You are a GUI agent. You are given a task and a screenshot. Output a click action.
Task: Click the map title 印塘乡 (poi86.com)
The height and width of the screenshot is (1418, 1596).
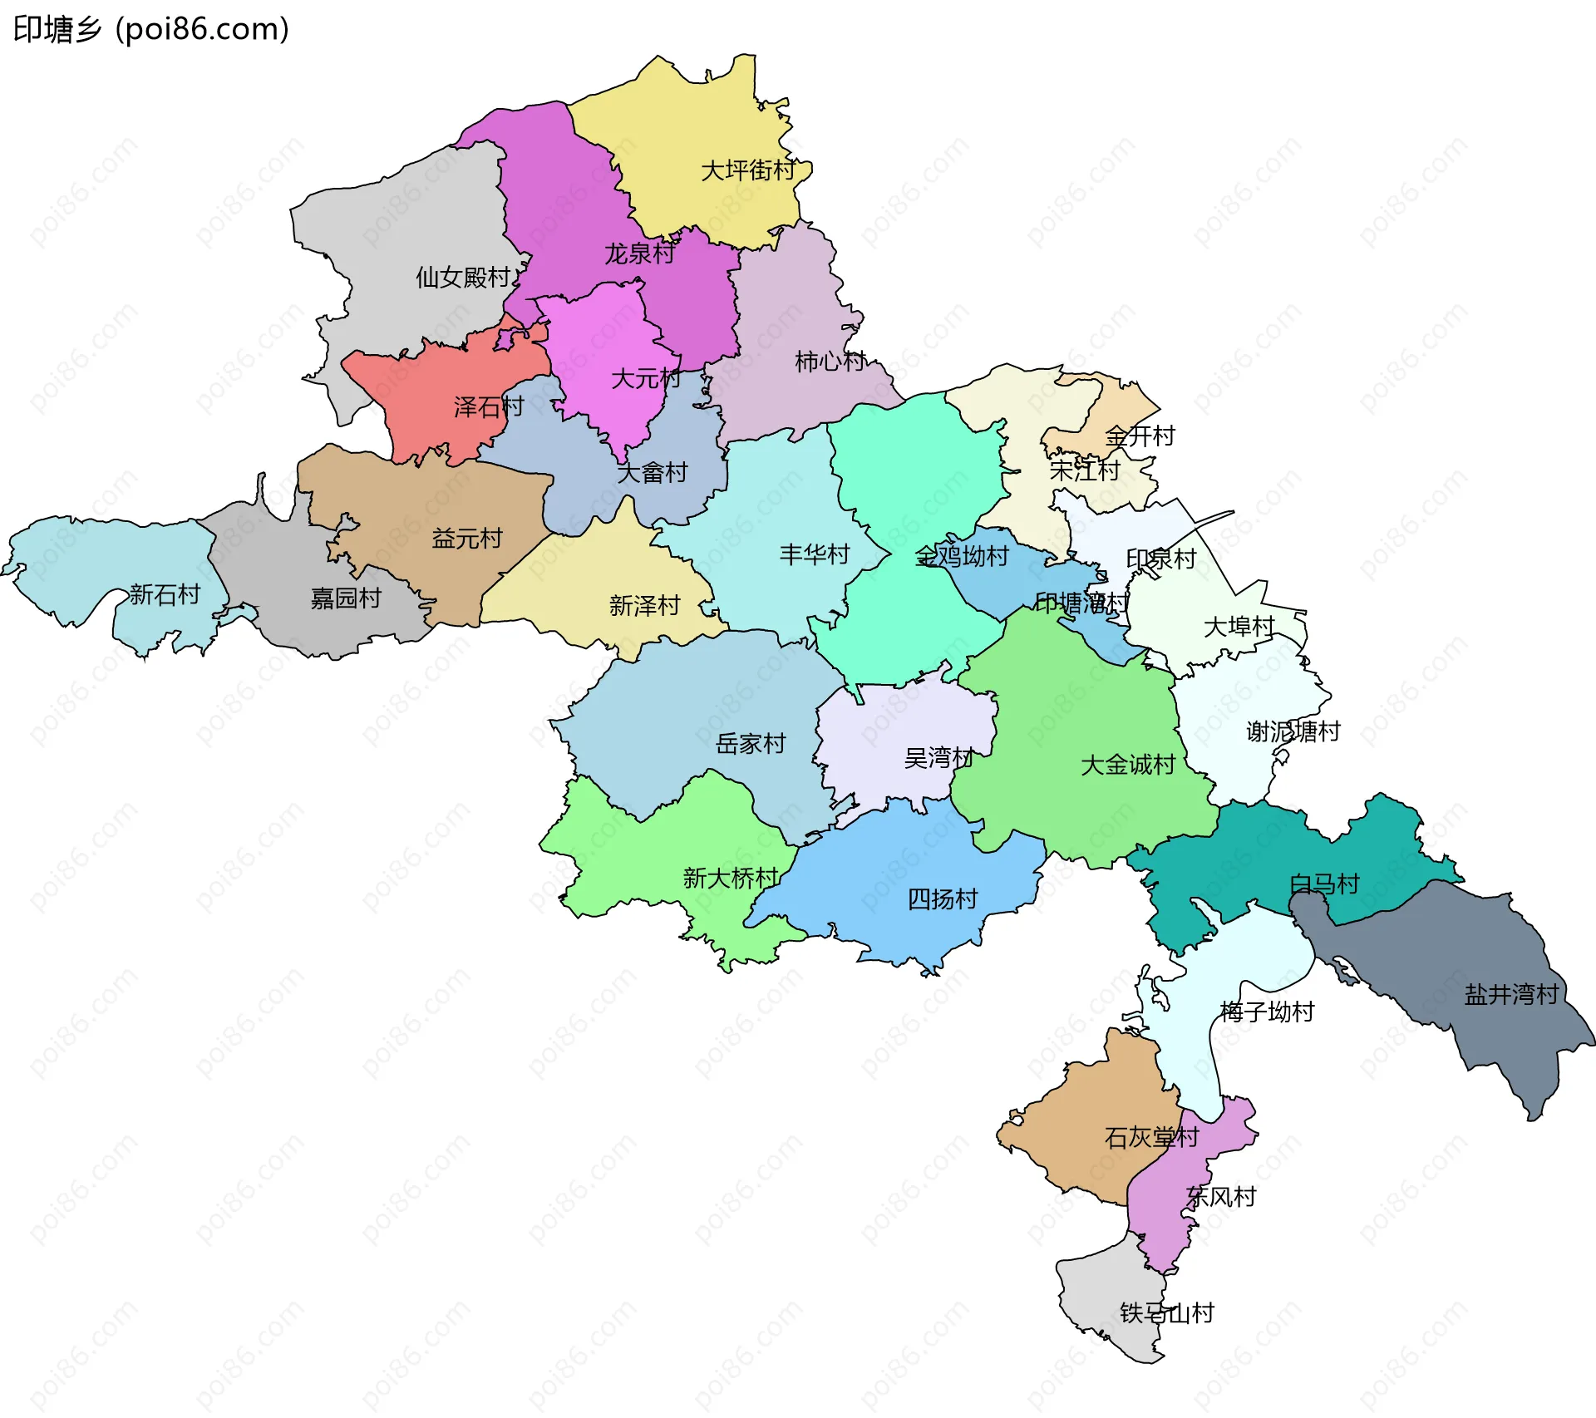click(151, 29)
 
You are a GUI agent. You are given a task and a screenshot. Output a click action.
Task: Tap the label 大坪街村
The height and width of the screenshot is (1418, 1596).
click(747, 170)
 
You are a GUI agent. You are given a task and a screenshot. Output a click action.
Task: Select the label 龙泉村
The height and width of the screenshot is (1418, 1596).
click(639, 253)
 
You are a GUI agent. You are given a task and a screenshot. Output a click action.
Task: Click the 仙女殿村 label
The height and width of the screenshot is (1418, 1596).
click(463, 277)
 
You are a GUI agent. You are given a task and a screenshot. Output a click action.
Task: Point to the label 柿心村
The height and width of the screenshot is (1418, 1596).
click(830, 361)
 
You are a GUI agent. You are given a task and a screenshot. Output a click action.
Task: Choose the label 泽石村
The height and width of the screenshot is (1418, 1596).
click(489, 406)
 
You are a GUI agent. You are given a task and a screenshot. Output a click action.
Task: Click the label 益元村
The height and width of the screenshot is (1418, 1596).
click(467, 538)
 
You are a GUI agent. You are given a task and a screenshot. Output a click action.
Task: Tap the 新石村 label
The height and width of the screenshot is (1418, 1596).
click(165, 594)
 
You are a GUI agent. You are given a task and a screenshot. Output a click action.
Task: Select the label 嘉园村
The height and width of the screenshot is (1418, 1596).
click(346, 598)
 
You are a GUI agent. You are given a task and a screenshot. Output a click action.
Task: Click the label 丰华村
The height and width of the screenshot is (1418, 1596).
click(815, 554)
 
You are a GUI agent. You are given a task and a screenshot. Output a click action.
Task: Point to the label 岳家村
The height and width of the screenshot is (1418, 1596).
click(751, 743)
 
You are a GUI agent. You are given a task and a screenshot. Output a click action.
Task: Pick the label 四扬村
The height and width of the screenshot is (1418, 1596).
click(942, 899)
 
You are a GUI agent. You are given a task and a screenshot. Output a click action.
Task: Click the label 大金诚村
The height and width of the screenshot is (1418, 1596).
click(1127, 764)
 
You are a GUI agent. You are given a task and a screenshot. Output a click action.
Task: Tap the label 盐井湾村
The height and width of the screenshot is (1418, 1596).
click(1510, 994)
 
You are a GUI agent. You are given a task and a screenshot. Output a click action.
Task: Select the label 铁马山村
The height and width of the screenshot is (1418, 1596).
click(1166, 1312)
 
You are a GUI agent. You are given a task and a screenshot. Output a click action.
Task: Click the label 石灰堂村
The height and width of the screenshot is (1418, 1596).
click(1151, 1136)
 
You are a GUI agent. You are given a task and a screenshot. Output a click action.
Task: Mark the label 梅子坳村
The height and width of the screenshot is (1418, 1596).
click(1267, 1012)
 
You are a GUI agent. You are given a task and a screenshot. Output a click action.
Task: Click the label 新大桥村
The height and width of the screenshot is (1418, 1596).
click(730, 878)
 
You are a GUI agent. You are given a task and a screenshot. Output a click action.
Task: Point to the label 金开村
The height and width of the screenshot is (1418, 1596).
click(1140, 436)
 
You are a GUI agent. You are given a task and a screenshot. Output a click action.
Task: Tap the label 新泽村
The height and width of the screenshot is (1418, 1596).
click(644, 605)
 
